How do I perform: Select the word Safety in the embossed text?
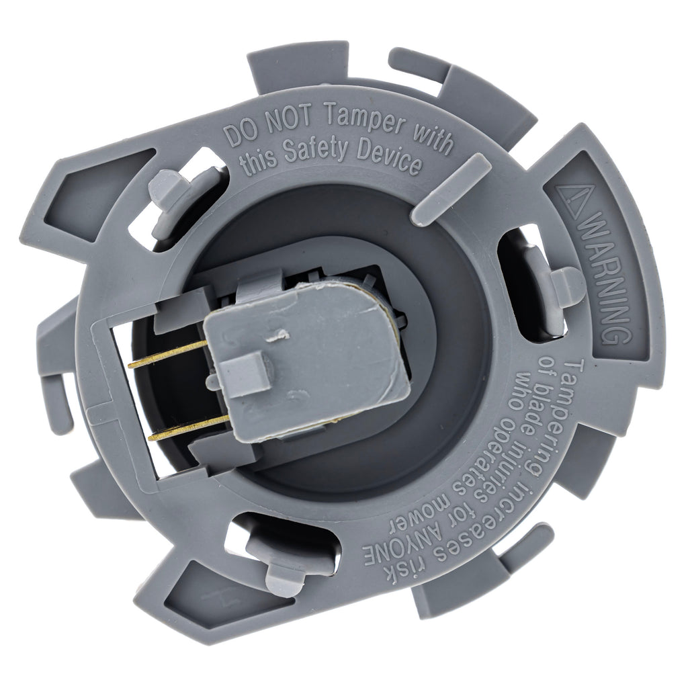pos(317,151)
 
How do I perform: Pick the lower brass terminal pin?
pos(189,427)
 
